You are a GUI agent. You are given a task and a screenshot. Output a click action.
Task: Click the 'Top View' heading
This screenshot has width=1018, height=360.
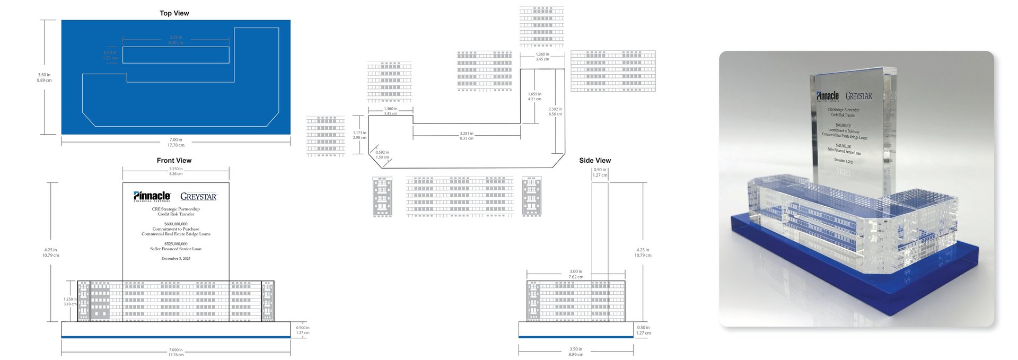[x=174, y=13]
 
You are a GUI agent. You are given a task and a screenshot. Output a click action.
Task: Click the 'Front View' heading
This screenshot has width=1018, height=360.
[x=174, y=160]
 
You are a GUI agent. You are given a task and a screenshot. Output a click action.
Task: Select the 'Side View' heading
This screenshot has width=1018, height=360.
[x=594, y=160]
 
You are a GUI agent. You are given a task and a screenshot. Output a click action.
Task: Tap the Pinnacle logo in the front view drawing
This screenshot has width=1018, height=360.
[x=152, y=196]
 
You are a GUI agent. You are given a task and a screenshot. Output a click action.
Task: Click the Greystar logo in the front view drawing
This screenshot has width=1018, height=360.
[x=198, y=197]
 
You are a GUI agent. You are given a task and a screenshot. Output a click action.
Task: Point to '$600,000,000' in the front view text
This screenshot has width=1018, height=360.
[x=175, y=224]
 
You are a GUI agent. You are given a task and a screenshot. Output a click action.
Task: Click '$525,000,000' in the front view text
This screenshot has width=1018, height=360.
[x=175, y=244]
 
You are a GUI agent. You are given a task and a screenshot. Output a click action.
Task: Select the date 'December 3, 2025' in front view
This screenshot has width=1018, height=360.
[x=175, y=259]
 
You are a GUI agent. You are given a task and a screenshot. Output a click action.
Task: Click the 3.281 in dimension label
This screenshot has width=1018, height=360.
[x=467, y=136]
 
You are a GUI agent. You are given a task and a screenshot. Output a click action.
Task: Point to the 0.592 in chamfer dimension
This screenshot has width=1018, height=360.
[x=382, y=155]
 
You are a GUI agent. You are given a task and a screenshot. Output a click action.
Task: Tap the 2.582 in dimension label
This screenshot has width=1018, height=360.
[x=555, y=111]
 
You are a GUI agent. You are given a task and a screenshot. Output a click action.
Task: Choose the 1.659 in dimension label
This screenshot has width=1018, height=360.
[x=534, y=96]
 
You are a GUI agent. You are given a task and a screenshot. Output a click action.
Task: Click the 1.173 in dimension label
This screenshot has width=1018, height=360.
[x=359, y=135]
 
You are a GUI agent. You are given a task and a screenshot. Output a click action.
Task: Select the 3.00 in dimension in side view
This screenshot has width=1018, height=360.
[x=576, y=274]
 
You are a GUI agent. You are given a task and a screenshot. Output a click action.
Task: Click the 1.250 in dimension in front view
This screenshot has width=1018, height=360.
[x=70, y=301]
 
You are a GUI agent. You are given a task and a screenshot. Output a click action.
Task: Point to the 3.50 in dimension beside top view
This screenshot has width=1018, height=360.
[x=44, y=77]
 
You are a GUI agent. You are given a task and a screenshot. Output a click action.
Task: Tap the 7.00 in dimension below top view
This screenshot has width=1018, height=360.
[x=175, y=142]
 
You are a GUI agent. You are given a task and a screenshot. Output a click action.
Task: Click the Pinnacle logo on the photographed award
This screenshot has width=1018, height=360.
[x=827, y=96]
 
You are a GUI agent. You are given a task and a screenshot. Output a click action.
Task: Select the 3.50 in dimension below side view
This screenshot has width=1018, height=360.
[x=576, y=352]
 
